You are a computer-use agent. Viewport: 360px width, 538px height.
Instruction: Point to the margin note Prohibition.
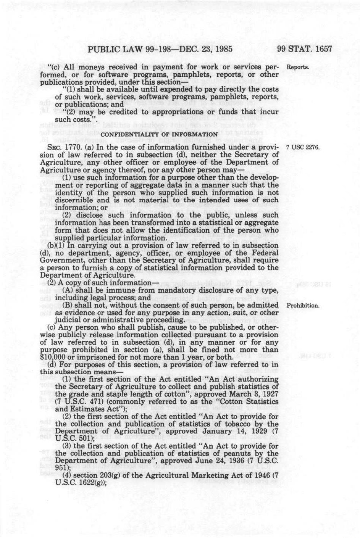click(302, 306)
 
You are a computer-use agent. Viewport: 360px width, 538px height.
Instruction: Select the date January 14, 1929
click(230, 431)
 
